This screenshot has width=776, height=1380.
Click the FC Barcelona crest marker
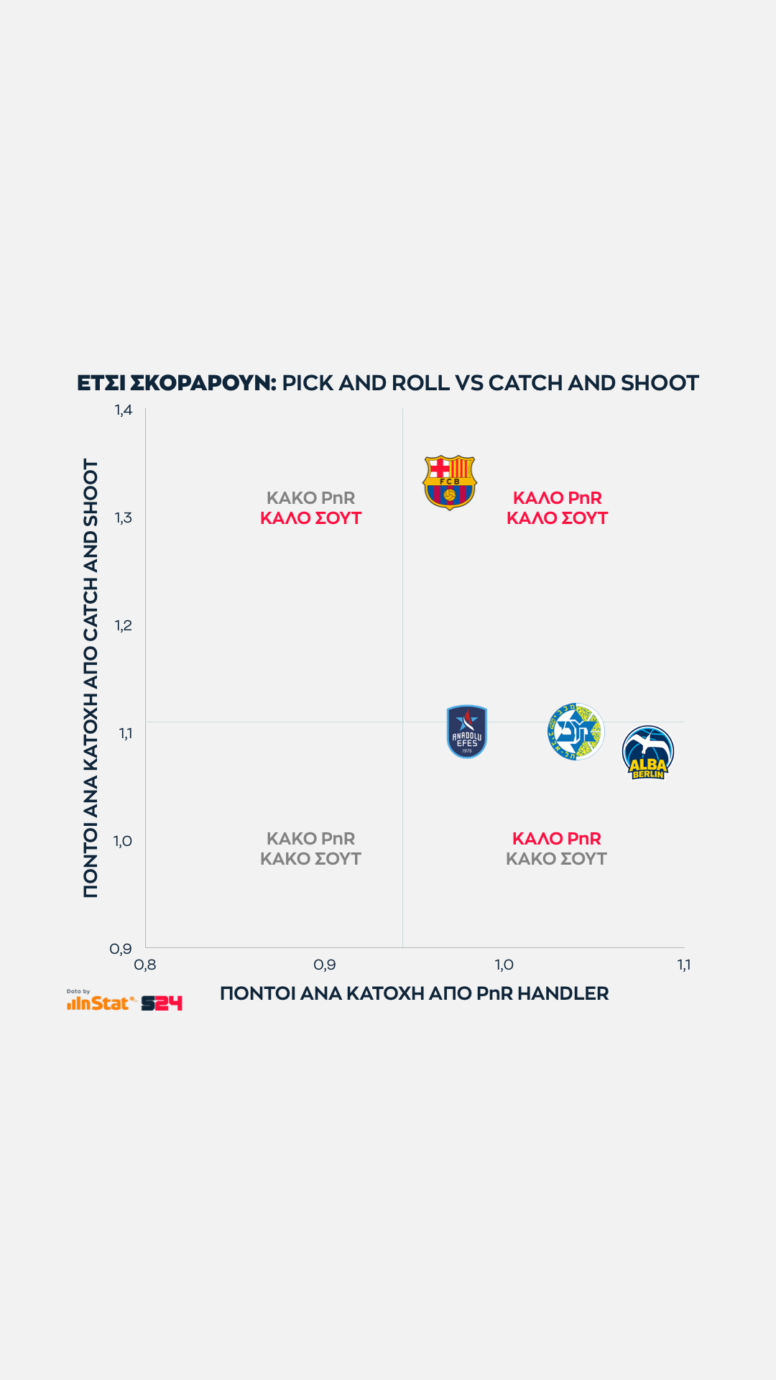pyautogui.click(x=449, y=482)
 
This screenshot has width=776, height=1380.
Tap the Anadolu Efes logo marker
pyautogui.click(x=467, y=732)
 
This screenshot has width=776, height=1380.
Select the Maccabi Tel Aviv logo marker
pyautogui.click(x=575, y=732)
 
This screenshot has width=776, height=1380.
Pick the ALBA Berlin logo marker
pyautogui.click(x=648, y=753)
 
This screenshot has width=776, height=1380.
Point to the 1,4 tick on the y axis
pyautogui.click(x=124, y=410)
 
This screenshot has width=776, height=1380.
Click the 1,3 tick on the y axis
pyautogui.click(x=124, y=517)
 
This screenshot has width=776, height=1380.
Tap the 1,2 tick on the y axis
pyautogui.click(x=124, y=625)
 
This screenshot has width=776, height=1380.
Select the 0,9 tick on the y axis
pyautogui.click(x=121, y=949)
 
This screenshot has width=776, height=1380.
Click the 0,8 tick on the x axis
pyautogui.click(x=145, y=965)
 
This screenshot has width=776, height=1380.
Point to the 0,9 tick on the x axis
pyautogui.click(x=325, y=965)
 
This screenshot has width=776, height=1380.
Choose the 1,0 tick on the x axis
pyautogui.click(x=504, y=965)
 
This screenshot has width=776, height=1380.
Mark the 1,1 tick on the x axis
pyautogui.click(x=684, y=965)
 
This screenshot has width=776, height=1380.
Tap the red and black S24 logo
pyautogui.click(x=162, y=1003)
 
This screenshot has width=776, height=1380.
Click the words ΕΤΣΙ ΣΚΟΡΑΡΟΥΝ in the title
pyautogui.click(x=176, y=383)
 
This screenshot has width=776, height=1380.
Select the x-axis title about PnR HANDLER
pyautogui.click(x=414, y=993)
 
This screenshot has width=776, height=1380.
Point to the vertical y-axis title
pyautogui.click(x=91, y=678)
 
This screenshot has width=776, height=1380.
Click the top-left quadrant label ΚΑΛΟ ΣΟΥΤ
pyautogui.click(x=310, y=518)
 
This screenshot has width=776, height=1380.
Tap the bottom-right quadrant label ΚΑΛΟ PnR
pyautogui.click(x=557, y=839)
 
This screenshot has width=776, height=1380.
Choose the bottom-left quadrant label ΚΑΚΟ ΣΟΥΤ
pyautogui.click(x=310, y=859)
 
